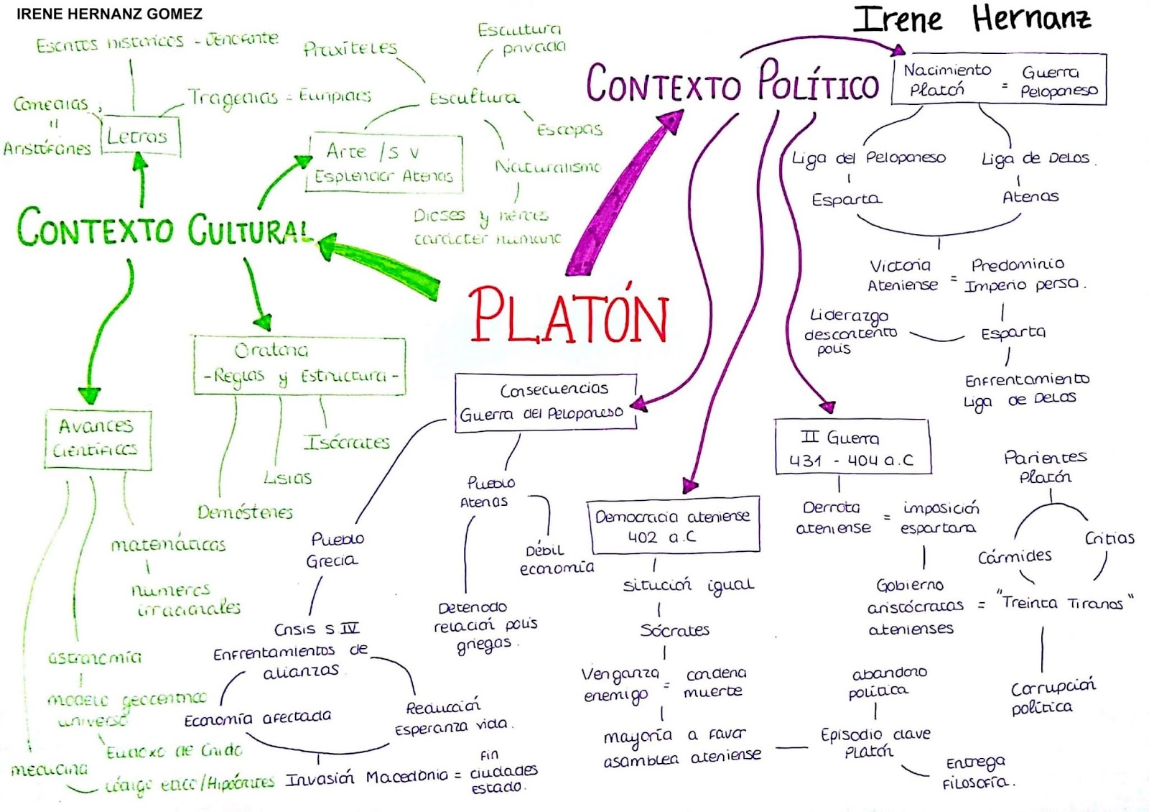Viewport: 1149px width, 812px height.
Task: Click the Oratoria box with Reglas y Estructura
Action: [299, 365]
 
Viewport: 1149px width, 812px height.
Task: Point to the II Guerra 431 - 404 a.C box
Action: [852, 448]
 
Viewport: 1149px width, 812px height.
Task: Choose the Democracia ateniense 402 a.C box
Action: [672, 525]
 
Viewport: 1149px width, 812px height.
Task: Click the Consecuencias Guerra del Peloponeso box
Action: [545, 402]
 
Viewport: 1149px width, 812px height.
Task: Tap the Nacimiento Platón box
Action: [998, 80]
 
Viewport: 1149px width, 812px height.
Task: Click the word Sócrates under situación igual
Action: [674, 630]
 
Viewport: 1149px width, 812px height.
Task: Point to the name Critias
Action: [1110, 538]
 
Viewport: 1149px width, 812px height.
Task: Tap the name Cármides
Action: [1015, 556]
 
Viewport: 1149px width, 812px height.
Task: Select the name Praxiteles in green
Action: [350, 48]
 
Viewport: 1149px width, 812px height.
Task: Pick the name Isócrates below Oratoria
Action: [346, 442]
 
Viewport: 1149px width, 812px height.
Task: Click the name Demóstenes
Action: [245, 512]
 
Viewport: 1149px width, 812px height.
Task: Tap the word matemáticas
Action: [168, 545]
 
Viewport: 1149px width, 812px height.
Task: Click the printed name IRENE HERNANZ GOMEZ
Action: [109, 14]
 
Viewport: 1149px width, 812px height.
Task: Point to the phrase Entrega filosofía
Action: [977, 772]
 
